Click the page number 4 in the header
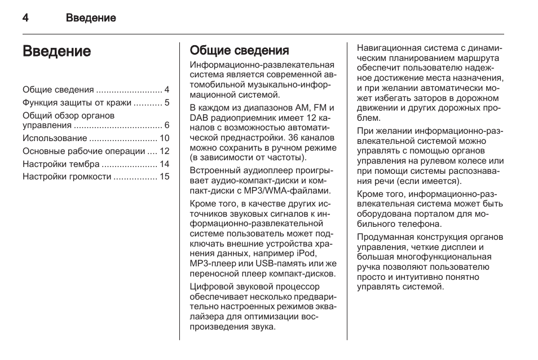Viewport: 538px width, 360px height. coord(26,18)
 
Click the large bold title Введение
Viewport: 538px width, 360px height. coord(56,52)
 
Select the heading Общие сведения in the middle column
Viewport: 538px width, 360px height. coord(239,51)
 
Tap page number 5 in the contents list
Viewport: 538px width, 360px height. coord(167,103)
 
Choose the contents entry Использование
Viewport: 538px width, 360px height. coord(55,138)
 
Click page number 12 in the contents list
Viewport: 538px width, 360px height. coord(165,151)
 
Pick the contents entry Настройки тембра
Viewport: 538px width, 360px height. coord(61,164)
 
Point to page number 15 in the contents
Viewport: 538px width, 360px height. coord(165,177)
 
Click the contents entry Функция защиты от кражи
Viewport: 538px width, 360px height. coord(77,103)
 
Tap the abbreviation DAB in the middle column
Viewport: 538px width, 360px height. coord(199,117)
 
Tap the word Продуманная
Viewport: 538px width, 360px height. coord(382,238)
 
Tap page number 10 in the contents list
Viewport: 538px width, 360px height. coord(165,138)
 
